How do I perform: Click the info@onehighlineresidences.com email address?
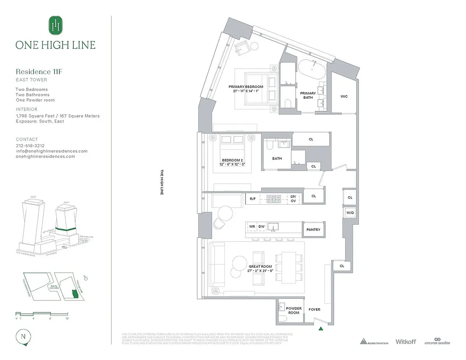point(51,151)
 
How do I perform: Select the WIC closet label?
point(344,96)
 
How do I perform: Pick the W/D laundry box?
point(350,212)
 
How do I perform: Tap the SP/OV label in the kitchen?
point(293,198)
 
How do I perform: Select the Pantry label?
point(313,229)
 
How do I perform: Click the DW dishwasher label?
point(261,226)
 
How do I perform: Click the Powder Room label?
point(294,310)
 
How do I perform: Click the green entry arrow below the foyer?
point(320,329)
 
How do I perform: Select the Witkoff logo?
point(406,342)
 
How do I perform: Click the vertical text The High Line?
point(162,182)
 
